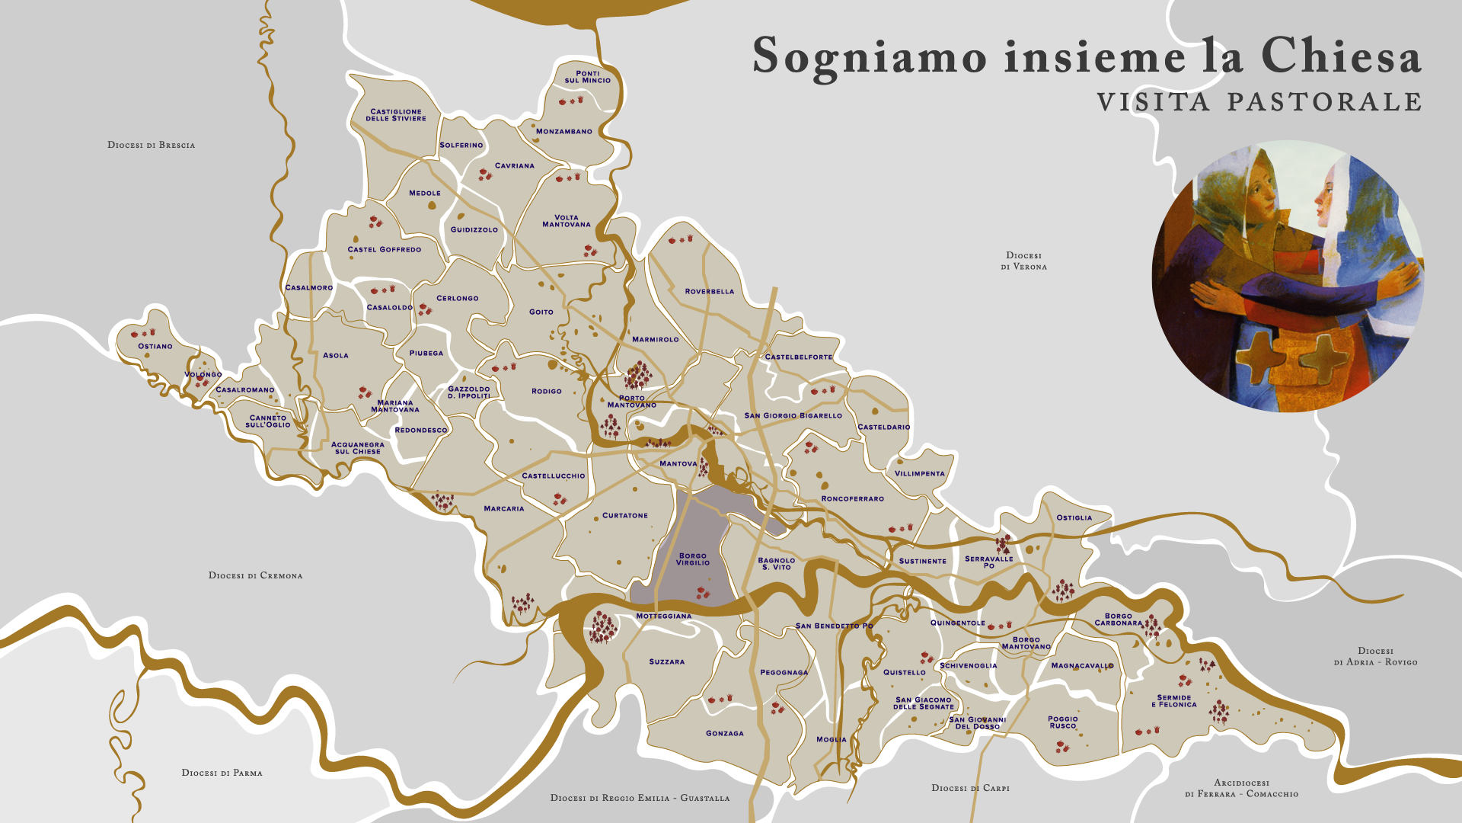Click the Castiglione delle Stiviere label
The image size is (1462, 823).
tap(396, 115)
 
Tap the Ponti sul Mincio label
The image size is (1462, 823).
tap(587, 77)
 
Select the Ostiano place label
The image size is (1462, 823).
tap(155, 347)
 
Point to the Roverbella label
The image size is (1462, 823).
tap(710, 292)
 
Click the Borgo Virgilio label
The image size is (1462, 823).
tap(693, 559)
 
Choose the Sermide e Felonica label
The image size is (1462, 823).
tap(1174, 701)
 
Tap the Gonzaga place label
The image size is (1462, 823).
tap(725, 734)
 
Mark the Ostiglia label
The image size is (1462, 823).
tap(1074, 518)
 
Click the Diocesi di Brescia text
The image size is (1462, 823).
tap(152, 145)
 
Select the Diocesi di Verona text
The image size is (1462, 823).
tap(1023, 261)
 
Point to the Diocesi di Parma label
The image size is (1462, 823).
tap(222, 773)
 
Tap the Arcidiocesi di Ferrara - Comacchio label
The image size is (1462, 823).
tap(1242, 789)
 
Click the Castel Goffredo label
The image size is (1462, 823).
tap(385, 250)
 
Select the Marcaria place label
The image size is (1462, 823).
tap(504, 509)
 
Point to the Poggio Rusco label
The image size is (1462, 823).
tap(1063, 722)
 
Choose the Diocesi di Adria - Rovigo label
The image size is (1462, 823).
tap(1375, 656)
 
